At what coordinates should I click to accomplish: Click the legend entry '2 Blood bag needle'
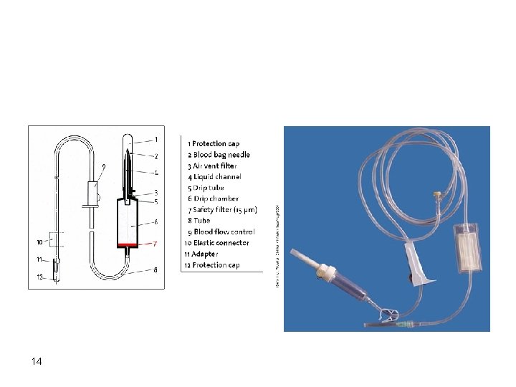(x=219, y=155)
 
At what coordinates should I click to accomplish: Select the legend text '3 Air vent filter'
(x=214, y=166)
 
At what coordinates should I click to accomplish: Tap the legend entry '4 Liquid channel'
(x=214, y=176)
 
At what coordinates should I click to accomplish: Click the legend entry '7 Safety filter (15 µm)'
(x=221, y=210)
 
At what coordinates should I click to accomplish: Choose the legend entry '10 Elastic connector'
(x=217, y=243)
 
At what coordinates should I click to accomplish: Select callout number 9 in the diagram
(x=103, y=167)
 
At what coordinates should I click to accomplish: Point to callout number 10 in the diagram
(x=39, y=242)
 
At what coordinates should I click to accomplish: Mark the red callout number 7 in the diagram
(x=156, y=244)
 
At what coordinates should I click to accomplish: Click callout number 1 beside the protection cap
(x=156, y=139)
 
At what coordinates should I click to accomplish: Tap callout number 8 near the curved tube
(x=156, y=269)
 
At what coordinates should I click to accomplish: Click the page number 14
(x=37, y=361)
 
